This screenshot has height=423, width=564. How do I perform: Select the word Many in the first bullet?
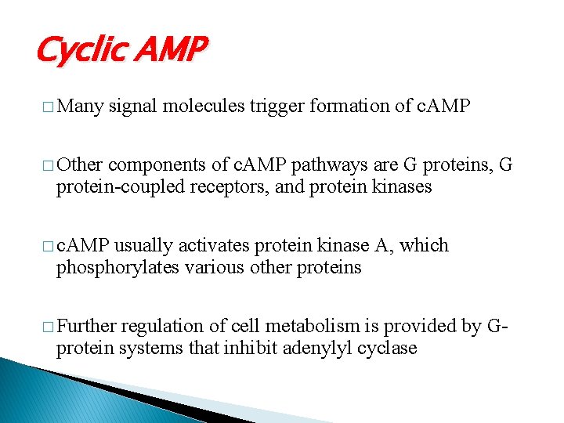[x=81, y=107]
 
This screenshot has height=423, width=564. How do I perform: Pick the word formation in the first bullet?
[x=348, y=107]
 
